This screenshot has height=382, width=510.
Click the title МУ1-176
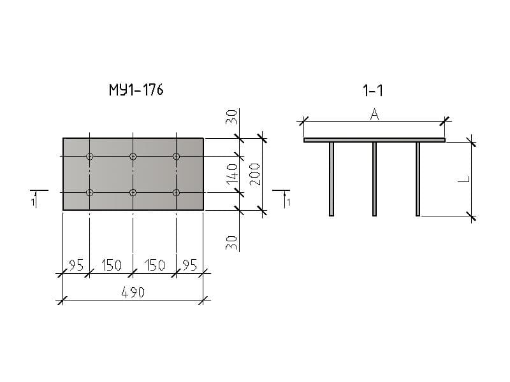136,90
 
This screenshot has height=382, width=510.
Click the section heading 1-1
373,90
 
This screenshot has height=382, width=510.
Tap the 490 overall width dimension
133,292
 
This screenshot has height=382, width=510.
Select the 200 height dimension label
255,174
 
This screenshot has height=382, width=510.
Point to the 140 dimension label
232,174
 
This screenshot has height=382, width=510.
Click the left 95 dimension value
76,265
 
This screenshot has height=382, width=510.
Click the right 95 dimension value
189,265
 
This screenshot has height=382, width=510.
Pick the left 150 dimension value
112,265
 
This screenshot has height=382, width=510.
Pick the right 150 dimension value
154,265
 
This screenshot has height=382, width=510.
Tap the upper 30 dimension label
232,117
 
